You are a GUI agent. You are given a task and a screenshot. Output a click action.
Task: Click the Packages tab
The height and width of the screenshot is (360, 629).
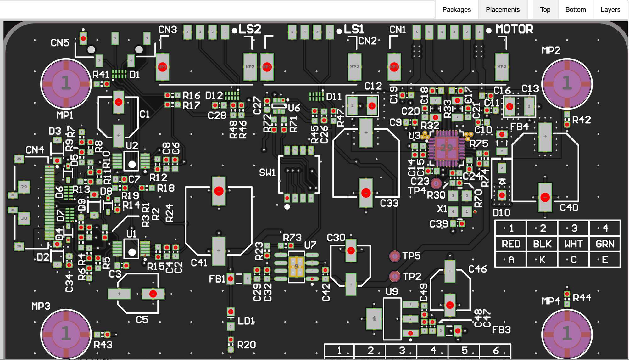pos(456,9)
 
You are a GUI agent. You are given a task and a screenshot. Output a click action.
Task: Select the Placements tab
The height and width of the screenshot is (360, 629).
pos(502,9)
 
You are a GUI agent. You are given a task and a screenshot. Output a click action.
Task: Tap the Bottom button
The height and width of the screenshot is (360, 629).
pos(575,9)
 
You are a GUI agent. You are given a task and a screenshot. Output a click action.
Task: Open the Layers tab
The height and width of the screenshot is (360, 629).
pos(610,9)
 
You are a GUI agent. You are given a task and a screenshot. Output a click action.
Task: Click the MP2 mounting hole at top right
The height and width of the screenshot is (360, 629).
pos(567,84)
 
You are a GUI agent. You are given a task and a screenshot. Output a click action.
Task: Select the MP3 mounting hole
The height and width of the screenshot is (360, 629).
pos(66,334)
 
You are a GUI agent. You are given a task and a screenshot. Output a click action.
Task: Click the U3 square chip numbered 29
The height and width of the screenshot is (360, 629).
pos(446,148)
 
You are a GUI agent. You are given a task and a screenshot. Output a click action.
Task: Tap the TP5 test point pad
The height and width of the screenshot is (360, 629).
pos(394,256)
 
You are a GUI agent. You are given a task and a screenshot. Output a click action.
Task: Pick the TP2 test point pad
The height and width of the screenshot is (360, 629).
pos(394,276)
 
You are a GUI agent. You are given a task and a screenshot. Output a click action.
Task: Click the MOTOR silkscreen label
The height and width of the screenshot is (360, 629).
pos(514,29)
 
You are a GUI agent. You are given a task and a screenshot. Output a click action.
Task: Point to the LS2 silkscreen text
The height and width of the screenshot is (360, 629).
pos(250,29)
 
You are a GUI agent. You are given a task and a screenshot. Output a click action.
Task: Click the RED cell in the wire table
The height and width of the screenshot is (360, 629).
pos(511,244)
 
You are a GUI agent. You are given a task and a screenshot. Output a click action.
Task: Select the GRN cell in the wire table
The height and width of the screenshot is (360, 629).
pos(604,244)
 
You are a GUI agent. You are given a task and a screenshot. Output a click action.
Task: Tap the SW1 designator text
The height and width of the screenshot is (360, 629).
pos(267,172)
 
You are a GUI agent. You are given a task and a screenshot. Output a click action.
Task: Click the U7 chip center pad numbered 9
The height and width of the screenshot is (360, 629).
pos(296,267)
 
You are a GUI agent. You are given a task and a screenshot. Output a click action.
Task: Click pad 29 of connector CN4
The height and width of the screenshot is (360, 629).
pos(24,187)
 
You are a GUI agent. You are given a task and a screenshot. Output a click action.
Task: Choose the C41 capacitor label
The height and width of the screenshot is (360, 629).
pos(199,263)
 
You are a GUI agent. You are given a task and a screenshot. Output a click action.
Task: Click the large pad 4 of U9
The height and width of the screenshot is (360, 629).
pos(374,318)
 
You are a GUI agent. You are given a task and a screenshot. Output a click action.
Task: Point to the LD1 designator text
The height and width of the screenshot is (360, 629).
pos(246,321)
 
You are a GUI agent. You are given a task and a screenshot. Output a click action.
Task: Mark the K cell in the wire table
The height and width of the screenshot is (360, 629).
pos(542,260)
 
